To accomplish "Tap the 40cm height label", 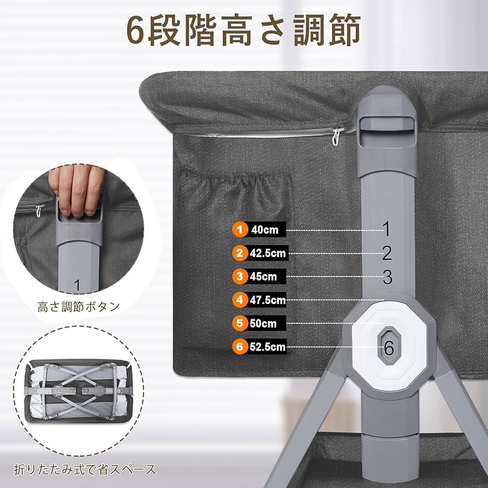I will click(264, 230).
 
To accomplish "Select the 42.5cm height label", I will click(267, 253).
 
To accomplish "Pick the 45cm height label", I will click(264, 277).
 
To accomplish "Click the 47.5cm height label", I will click(267, 300).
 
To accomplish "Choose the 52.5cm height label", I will click(267, 347).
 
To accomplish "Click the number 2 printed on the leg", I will click(387, 253).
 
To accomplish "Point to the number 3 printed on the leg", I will click(387, 277).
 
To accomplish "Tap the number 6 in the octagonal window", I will click(389, 347).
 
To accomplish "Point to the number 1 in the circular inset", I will click(77, 284).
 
